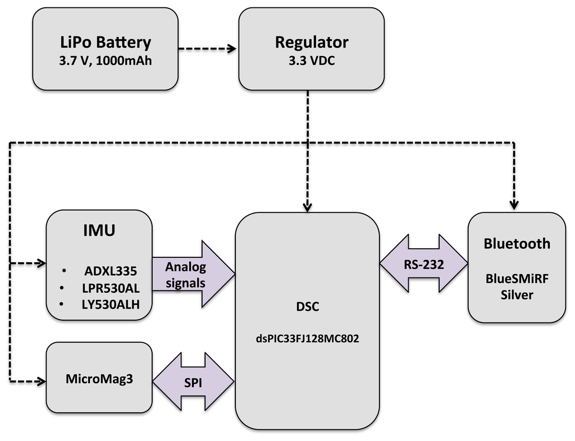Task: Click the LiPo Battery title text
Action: (106, 43)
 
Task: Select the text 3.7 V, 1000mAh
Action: (106, 61)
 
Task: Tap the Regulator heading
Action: (311, 42)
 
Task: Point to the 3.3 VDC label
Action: (311, 61)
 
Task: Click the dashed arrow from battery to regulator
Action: (208, 49)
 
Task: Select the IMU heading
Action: (99, 230)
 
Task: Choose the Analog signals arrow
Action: (191, 275)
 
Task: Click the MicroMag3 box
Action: (99, 377)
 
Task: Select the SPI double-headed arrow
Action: (193, 382)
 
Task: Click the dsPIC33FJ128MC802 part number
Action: (307, 339)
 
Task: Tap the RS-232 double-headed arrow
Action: (424, 263)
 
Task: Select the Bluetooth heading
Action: (517, 244)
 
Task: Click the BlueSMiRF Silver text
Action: (517, 287)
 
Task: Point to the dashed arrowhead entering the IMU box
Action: (40, 263)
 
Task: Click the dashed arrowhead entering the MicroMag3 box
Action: (40, 381)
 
